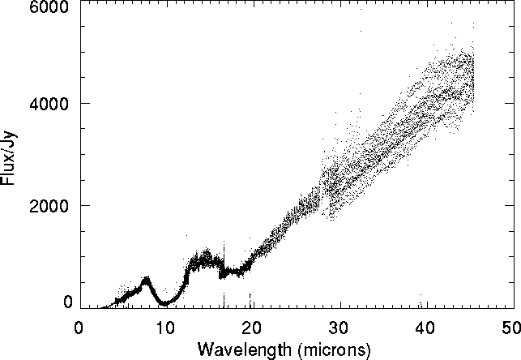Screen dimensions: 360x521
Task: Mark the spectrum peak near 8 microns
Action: [147, 280]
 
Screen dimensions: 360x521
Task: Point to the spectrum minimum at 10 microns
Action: [164, 303]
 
